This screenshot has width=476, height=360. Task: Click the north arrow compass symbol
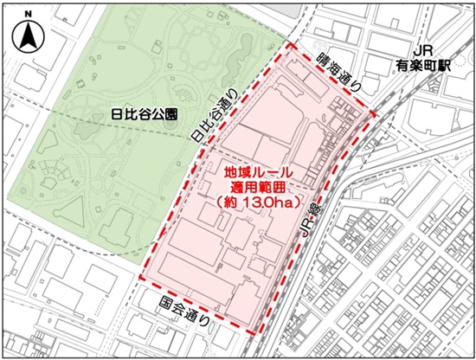tap(28, 37)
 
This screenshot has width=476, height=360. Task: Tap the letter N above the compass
tap(28, 15)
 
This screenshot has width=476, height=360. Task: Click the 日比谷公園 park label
tap(145, 114)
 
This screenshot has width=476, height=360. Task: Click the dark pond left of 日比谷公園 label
tap(84, 132)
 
